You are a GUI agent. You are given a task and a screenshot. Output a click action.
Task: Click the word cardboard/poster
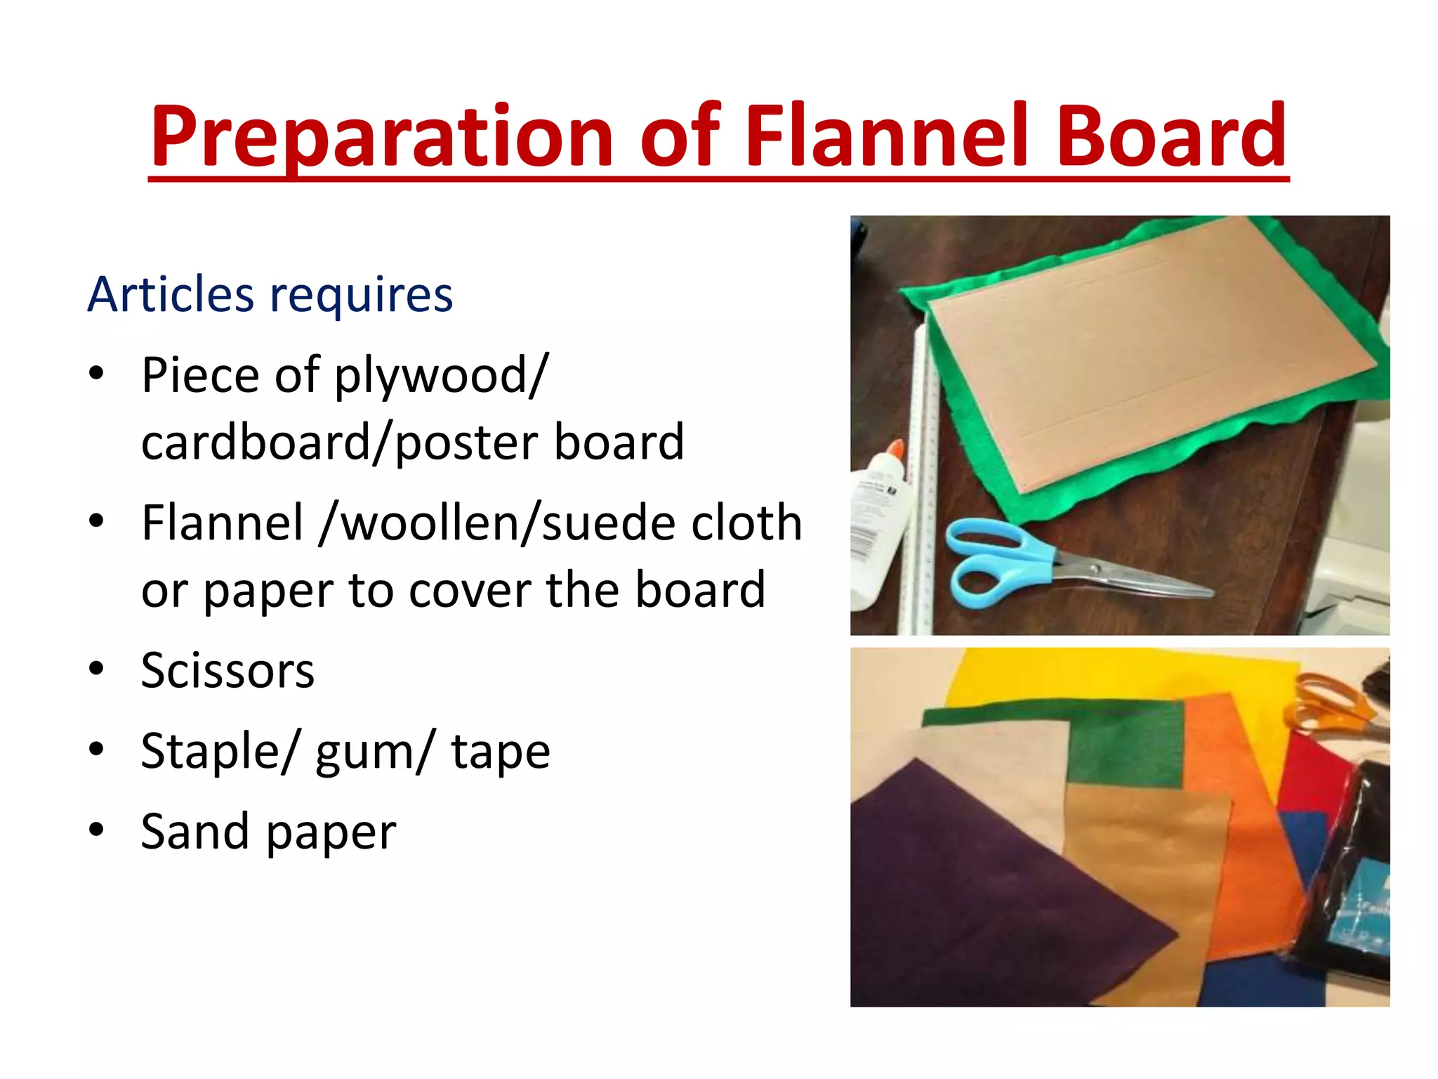(337, 443)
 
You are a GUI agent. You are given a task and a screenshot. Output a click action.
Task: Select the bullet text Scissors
(227, 670)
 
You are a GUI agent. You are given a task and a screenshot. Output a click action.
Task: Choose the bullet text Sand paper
(268, 832)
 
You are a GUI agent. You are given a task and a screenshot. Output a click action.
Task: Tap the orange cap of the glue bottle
(895, 453)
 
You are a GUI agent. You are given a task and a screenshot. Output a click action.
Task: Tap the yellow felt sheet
(1123, 674)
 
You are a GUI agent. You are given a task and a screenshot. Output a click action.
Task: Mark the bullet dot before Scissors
(96, 670)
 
